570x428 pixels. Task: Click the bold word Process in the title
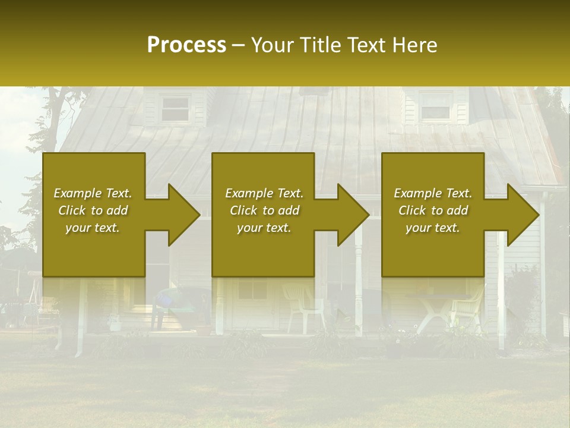(186, 45)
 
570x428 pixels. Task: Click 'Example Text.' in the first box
(93, 193)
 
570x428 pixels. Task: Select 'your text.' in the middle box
(264, 228)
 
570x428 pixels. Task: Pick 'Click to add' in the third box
(433, 210)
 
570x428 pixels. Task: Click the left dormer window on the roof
(175, 109)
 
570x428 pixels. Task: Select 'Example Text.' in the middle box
(264, 193)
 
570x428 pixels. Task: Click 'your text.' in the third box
(433, 228)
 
